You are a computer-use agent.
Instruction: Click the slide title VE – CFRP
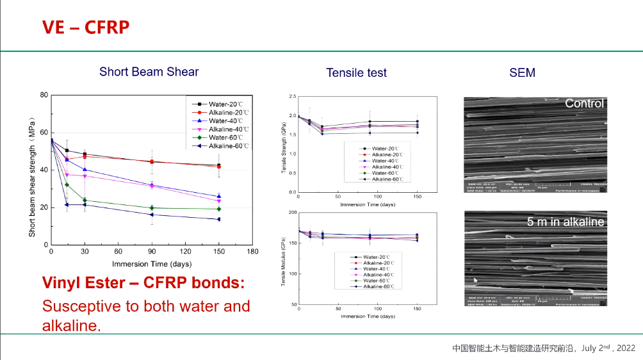(86, 27)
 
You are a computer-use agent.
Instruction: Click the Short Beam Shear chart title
(149, 72)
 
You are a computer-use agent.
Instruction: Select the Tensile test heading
(356, 73)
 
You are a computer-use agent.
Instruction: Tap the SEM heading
(522, 73)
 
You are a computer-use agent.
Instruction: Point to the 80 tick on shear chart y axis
(44, 95)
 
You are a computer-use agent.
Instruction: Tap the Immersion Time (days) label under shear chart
(152, 264)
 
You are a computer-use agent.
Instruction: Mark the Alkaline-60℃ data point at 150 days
(218, 219)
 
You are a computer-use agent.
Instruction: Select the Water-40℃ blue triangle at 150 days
(218, 196)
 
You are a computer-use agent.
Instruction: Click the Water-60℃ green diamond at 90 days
(152, 208)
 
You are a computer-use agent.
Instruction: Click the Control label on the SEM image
(584, 103)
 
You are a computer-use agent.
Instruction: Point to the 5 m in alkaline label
(566, 222)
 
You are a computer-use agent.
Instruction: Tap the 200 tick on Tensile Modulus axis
(293, 213)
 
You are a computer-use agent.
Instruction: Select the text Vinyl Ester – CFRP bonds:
(143, 283)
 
